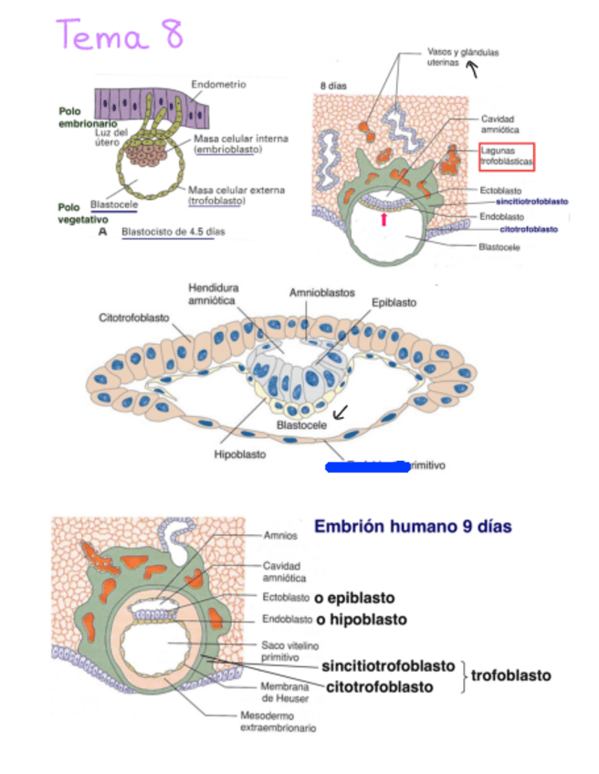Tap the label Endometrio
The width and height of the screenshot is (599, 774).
point(218,85)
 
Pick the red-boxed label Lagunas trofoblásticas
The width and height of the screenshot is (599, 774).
point(506,155)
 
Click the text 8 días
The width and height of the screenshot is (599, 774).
point(332,86)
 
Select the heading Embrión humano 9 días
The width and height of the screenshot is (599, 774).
point(413,527)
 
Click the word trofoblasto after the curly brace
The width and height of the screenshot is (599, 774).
point(511,675)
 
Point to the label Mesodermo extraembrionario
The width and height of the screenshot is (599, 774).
point(278,721)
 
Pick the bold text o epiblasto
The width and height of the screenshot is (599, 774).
point(354,598)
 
